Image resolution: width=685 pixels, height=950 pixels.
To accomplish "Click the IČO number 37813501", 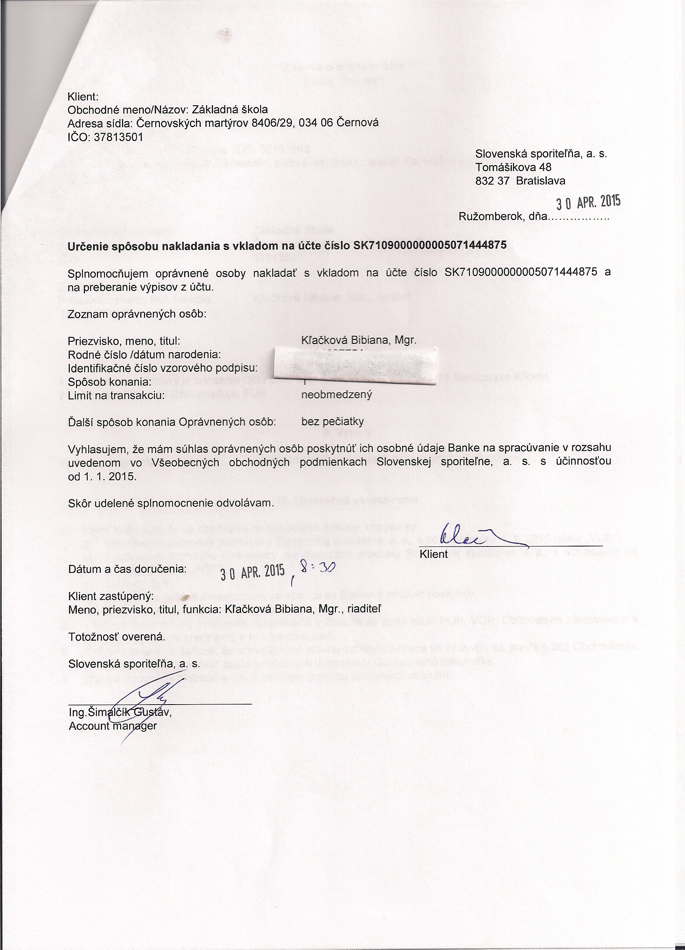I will tap(119, 137).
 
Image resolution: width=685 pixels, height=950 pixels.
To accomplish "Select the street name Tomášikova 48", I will tap(513, 167).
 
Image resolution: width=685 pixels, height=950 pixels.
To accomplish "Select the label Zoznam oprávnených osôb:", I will tap(137, 314).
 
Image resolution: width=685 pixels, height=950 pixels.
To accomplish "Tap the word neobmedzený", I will tap(337, 395).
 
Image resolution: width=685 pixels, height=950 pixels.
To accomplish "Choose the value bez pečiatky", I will tap(332, 421).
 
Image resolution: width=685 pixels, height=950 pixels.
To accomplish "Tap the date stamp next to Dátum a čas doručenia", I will tap(252, 571).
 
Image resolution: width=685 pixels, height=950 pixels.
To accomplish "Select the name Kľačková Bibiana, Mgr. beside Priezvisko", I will tap(359, 341).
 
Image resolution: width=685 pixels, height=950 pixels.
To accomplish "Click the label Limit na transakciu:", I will tap(116, 395).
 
